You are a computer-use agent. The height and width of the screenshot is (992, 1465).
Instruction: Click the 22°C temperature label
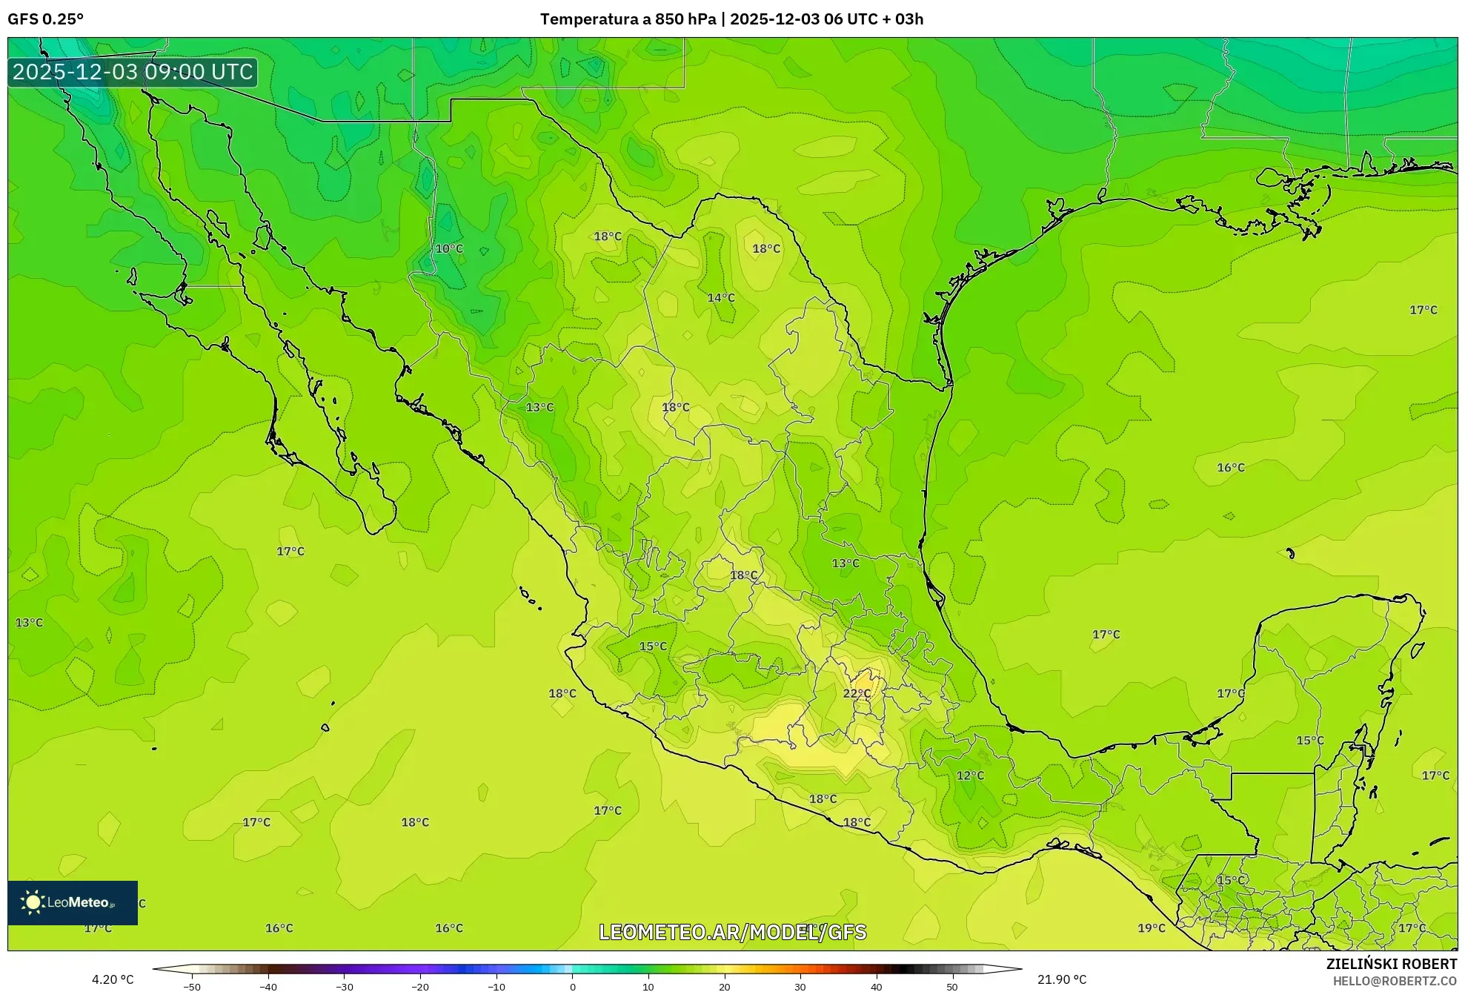click(x=857, y=693)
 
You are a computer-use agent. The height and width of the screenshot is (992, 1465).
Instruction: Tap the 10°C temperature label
click(x=448, y=248)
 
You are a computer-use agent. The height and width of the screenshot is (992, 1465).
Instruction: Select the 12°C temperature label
click(x=970, y=776)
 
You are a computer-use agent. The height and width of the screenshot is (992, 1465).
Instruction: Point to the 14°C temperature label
click(x=720, y=297)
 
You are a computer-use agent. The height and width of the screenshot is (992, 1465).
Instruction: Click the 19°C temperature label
click(x=1151, y=927)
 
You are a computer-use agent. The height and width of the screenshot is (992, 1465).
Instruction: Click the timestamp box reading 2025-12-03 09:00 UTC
click(x=133, y=72)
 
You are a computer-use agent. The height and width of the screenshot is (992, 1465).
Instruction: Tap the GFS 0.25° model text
click(x=45, y=19)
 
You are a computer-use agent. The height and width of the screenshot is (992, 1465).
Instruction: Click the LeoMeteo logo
click(x=73, y=902)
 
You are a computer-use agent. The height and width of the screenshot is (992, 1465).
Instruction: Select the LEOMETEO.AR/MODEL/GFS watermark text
click(x=732, y=932)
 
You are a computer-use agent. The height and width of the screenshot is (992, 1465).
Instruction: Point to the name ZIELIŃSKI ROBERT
click(x=1391, y=964)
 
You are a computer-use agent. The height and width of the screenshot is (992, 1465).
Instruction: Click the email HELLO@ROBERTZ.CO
click(x=1395, y=981)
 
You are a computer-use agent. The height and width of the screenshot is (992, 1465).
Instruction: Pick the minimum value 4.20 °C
click(x=113, y=979)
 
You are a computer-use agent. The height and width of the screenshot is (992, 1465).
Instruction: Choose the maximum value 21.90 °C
click(x=1061, y=979)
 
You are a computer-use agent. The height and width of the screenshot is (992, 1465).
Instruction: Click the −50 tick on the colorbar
click(x=192, y=986)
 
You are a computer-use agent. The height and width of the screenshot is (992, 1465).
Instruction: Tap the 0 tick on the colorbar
click(x=572, y=986)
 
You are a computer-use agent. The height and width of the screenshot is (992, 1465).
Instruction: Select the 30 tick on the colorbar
click(x=800, y=986)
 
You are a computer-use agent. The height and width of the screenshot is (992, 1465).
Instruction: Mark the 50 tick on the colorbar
click(x=952, y=986)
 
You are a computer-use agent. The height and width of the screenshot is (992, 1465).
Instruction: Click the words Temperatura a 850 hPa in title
click(x=628, y=19)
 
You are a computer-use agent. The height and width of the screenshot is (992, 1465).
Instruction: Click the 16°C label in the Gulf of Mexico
click(x=1230, y=467)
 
